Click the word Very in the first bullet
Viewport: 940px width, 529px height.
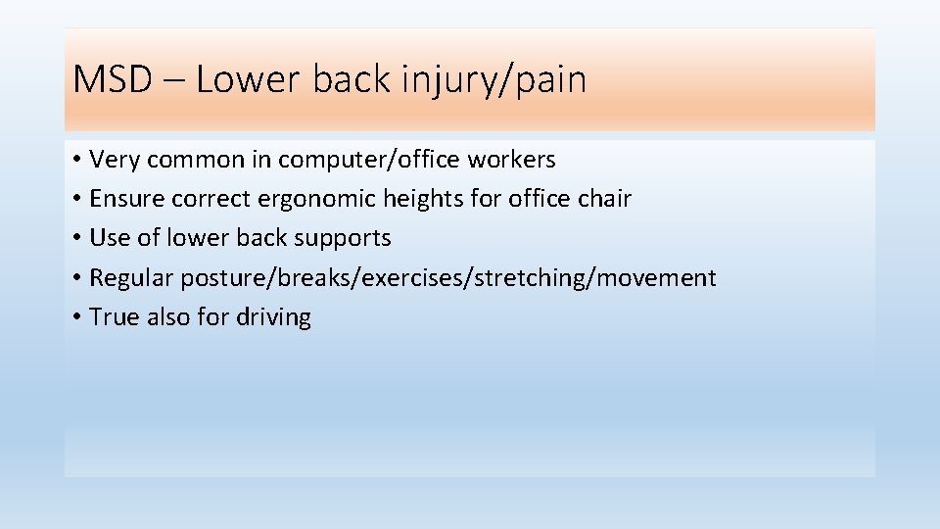pos(115,159)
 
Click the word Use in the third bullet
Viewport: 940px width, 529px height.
pos(108,238)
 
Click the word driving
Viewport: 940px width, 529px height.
pos(273,317)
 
